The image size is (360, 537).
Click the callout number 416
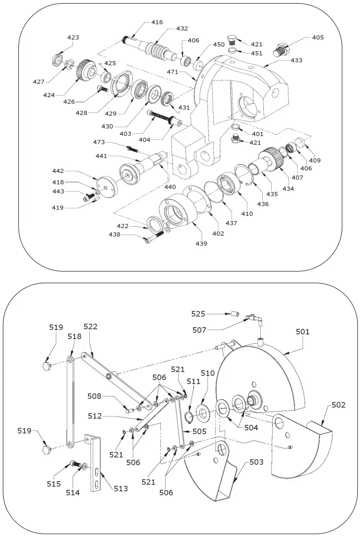pos(157,22)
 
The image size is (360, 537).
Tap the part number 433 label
pos(296,61)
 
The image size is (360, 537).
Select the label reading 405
pos(318,38)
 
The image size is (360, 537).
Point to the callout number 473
pos(99,142)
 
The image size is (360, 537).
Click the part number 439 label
pos(202,244)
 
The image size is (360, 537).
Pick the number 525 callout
pos(198,314)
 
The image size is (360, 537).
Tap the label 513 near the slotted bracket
pos(121,489)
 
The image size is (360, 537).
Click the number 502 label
pos(338,405)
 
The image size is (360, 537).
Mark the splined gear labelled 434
pos(272,157)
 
